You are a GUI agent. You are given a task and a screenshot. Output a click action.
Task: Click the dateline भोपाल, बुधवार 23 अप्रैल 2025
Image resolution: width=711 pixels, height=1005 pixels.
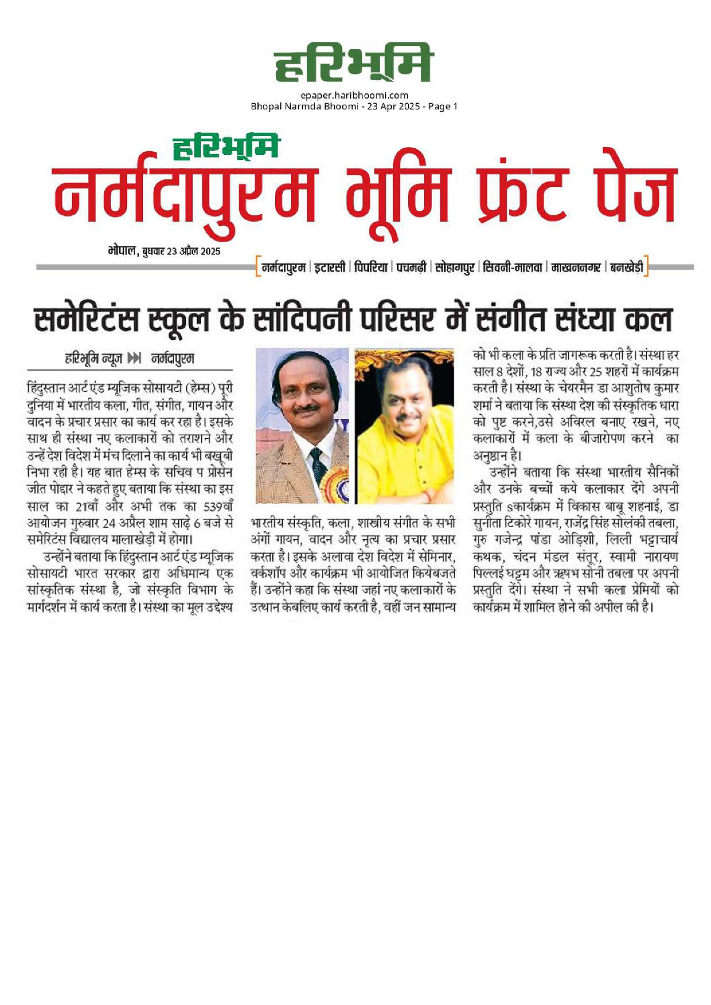click(x=164, y=251)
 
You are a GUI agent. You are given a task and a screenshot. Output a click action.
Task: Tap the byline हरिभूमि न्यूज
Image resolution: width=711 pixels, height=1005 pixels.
click(x=93, y=359)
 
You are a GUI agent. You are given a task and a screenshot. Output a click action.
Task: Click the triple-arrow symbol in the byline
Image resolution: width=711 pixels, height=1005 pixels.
click(x=134, y=359)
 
